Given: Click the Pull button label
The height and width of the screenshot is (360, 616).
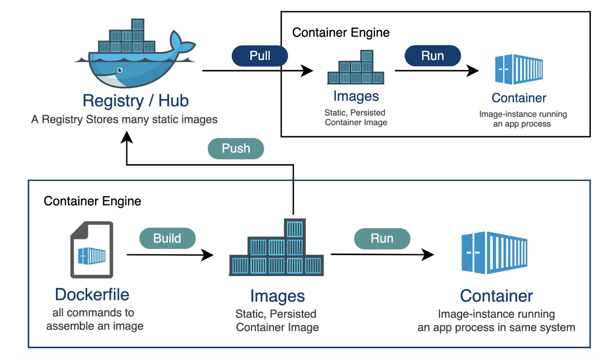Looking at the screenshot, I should click(260, 56).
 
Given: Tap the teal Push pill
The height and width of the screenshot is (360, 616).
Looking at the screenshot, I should click(236, 148).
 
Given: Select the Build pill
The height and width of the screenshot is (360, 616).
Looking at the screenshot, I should click(167, 238).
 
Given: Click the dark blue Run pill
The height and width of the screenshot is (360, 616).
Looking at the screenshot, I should click(432, 56).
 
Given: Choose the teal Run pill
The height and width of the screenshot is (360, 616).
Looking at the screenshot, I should click(382, 238).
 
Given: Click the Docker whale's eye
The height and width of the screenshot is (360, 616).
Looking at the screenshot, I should click(120, 70).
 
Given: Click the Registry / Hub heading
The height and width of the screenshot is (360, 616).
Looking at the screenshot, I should click(135, 101).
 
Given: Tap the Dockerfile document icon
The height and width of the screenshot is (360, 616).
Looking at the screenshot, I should click(92, 250).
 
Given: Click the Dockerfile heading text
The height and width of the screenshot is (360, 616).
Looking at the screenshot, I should click(92, 295).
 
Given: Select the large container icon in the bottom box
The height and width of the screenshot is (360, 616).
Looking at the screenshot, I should click(495, 252).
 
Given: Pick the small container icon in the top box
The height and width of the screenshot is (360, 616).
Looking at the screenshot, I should click(519, 69).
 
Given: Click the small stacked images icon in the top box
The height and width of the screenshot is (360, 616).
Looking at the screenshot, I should click(356, 68).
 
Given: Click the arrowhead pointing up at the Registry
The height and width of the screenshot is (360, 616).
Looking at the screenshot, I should click(127, 137).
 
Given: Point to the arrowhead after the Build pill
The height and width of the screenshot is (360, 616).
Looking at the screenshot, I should click(208, 255).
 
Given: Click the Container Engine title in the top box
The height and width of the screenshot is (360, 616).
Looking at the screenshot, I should click(341, 33).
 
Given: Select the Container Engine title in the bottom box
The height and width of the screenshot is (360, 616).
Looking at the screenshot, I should click(92, 201).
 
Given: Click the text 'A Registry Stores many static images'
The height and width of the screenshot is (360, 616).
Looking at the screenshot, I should click(124, 119).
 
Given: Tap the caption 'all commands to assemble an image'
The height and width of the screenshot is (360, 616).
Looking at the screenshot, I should click(94, 319).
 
